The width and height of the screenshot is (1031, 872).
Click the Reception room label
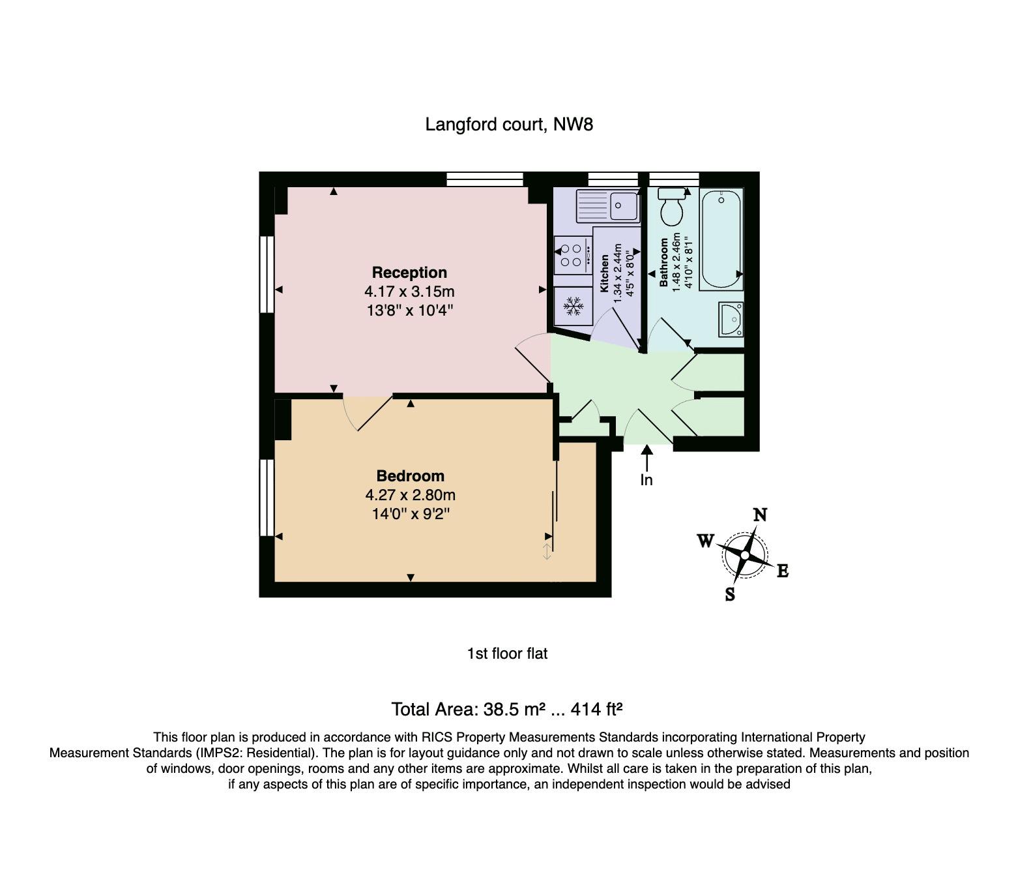coord(409,273)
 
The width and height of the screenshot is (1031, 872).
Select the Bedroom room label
coord(411,476)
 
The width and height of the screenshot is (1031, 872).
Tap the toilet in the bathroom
coord(671,207)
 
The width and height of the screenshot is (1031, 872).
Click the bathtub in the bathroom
coord(721,239)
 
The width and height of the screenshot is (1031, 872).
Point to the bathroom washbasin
coord(731,320)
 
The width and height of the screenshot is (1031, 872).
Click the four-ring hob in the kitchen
coord(573,255)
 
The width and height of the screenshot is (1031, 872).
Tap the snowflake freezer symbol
coord(574,307)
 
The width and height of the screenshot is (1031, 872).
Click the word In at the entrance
coord(646,480)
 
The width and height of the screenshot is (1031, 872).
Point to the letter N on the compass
coord(760,515)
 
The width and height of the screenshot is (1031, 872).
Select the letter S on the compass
coord(730,594)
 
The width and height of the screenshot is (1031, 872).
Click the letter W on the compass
coord(706,541)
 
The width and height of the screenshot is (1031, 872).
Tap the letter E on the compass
coord(783,571)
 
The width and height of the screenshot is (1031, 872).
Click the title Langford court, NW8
coord(509,125)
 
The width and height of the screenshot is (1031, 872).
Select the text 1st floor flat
coord(508,654)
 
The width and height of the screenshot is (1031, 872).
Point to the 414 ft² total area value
coord(596,710)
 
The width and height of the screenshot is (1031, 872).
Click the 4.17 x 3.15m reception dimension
coord(409,292)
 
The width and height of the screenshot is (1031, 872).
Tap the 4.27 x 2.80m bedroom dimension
coord(411,495)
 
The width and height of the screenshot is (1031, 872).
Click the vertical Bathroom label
coord(664,262)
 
